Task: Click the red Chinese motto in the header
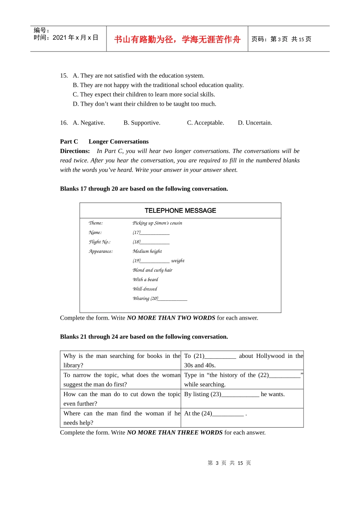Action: point(177,39)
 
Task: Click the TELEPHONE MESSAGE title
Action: point(180,211)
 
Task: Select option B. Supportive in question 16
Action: point(142,123)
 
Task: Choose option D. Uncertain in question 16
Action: point(255,123)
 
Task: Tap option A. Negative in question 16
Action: point(89,123)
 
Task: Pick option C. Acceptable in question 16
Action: point(205,123)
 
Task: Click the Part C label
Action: point(69,142)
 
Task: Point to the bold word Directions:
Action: point(75,151)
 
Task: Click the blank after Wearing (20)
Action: point(173,299)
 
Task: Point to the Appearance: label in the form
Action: point(101,251)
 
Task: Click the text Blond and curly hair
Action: point(152,270)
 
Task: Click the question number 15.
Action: point(64,76)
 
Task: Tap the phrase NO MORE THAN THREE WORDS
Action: point(175,432)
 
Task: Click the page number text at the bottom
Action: point(229,463)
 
